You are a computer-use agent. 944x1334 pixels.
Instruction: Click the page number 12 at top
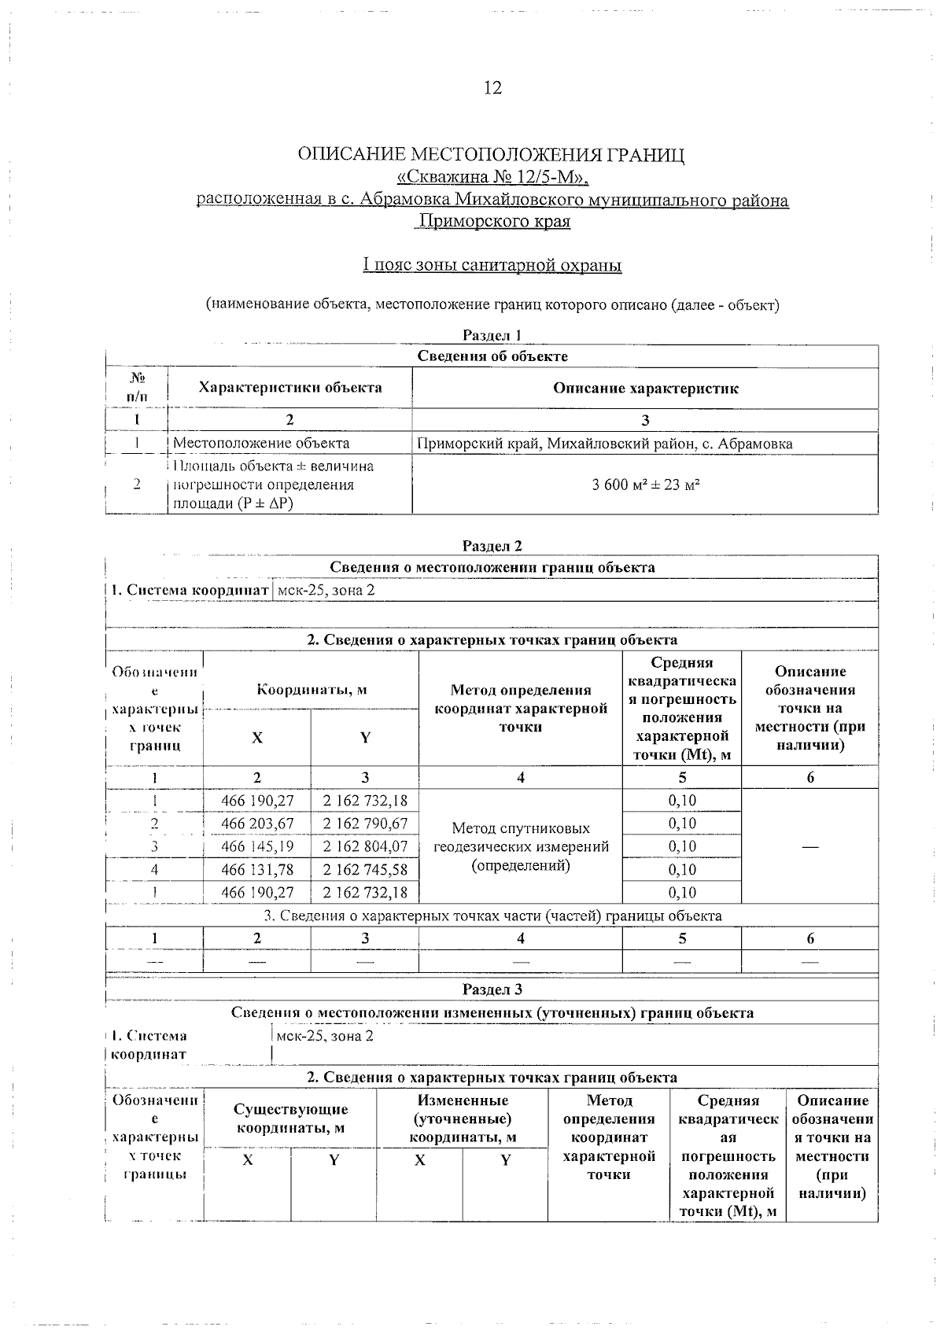pos(492,87)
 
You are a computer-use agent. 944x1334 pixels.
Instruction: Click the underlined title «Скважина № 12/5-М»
pos(492,177)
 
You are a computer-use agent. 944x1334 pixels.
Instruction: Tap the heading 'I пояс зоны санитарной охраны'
pos(492,265)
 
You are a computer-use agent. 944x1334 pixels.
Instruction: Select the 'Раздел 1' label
pos(492,335)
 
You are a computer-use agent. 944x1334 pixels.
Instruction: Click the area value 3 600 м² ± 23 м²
pos(645,485)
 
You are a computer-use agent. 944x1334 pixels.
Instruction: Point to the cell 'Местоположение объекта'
pos(261,444)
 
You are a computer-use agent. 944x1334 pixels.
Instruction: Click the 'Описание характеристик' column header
pos(645,388)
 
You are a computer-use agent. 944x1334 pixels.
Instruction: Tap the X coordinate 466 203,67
pos(257,824)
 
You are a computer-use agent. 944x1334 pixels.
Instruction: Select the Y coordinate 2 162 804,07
pos(365,846)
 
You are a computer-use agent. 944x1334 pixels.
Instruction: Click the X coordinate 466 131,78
pos(257,869)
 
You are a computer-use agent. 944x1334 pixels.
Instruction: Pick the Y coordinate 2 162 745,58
pos(365,869)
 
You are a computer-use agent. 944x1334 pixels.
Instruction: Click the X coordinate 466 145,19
pos(257,846)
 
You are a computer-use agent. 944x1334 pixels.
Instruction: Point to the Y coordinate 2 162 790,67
pos(365,824)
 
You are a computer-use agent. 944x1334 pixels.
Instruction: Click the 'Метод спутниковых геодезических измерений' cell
pos(521,846)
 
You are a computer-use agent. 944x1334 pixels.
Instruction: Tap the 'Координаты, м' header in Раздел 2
pos(312,690)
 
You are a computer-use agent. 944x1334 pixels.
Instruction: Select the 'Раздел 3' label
pos(492,989)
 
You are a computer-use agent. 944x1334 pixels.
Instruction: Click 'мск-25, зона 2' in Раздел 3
pos(326,1036)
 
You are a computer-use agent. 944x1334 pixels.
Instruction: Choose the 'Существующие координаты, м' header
pos(290,1118)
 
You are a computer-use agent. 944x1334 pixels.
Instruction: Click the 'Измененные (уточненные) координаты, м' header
pos(463,1118)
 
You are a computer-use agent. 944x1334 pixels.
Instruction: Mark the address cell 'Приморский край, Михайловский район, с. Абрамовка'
pos(604,444)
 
